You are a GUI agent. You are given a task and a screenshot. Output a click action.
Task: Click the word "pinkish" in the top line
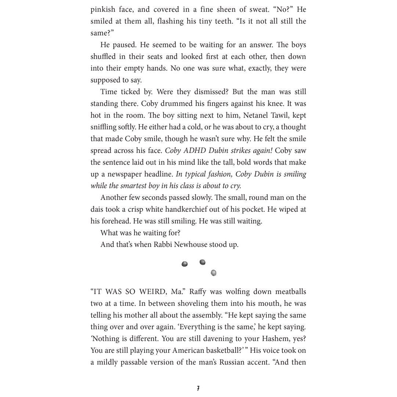point(103,10)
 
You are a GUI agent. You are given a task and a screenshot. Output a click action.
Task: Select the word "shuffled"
point(103,57)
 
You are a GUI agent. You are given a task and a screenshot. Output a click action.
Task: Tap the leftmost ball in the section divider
point(185,264)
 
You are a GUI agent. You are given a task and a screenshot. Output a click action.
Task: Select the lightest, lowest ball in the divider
point(214,273)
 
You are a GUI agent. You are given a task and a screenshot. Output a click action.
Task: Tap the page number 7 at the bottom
point(198,388)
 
